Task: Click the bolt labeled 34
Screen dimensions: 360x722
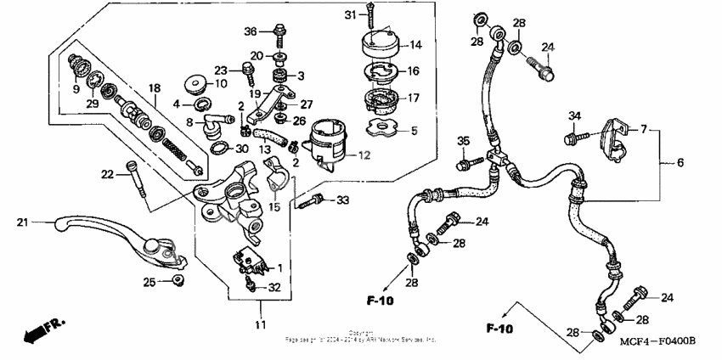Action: [571, 135]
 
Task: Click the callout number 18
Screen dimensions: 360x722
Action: [154, 87]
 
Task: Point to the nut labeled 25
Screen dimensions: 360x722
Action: [177, 279]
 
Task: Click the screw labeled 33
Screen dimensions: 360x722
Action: [313, 200]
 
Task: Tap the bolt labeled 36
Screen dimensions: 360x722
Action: [279, 37]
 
